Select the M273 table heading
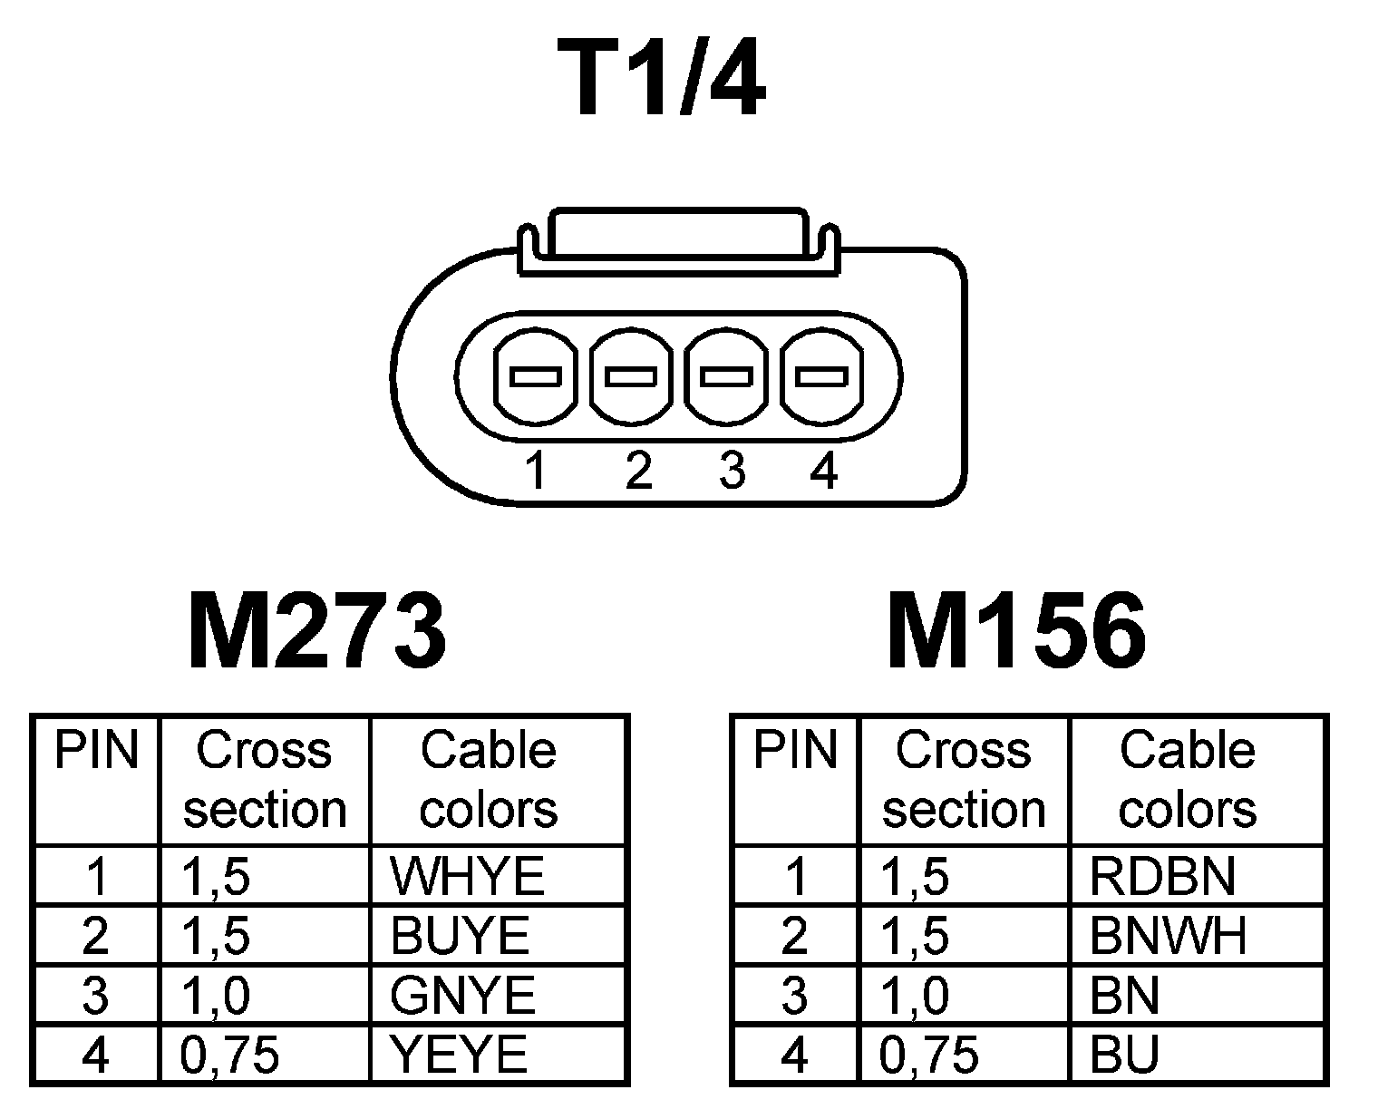(316, 631)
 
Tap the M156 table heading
(1016, 631)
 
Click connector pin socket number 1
(535, 375)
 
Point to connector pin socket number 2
(631, 375)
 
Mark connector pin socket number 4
(821, 375)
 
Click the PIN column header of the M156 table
(795, 751)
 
